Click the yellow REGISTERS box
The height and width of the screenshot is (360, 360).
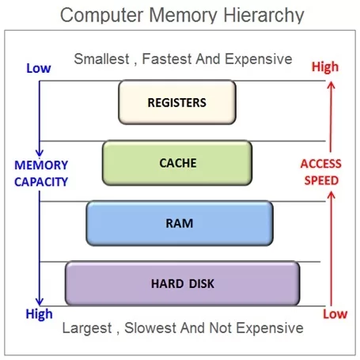coord(176,102)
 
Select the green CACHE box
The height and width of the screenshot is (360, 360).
coord(176,162)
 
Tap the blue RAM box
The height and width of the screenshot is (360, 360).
coord(180,222)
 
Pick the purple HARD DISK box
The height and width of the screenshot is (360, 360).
coord(182,283)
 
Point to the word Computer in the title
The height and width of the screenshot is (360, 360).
coord(100,15)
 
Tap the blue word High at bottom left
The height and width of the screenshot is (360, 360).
coord(39,314)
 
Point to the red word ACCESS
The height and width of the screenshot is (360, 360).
coord(320,165)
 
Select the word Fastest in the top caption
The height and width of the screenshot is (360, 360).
coord(169,59)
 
